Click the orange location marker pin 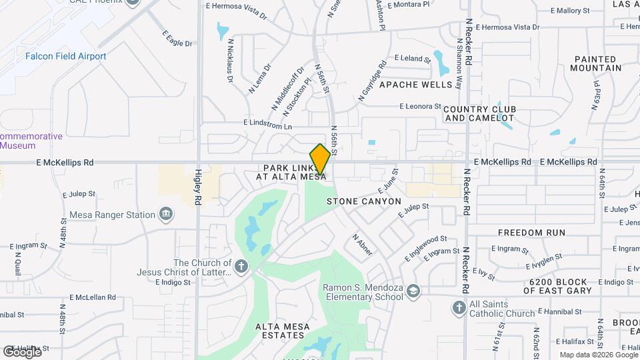coord(320,159)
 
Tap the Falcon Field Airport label coord(65,57)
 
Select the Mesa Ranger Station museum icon coord(167,215)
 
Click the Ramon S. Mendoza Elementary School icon coord(413,291)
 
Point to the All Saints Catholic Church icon coord(459,307)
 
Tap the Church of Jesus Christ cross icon coord(241,267)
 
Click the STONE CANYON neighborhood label coord(364,201)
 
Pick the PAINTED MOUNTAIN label coord(596,63)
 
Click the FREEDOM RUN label coord(532,233)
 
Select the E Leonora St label coord(421,107)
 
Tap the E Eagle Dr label coord(177,39)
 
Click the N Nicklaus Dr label coord(231,61)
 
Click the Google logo coord(22,352)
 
